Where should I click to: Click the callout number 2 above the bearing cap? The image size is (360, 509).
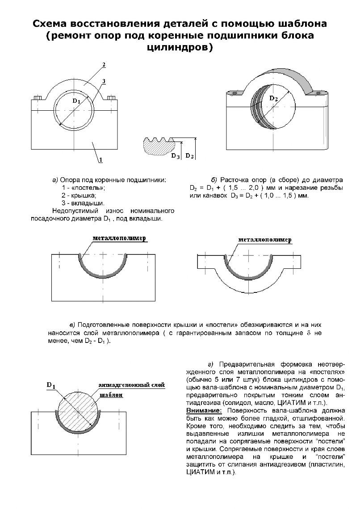104,65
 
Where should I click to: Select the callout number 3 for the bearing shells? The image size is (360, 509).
104,81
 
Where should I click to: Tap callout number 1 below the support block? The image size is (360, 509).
101,159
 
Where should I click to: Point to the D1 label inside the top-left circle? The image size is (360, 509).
76,101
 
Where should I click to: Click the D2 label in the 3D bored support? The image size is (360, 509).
274,99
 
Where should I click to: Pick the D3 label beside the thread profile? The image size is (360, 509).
176,156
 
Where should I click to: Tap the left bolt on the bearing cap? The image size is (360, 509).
38,97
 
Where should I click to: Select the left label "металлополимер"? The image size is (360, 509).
120,239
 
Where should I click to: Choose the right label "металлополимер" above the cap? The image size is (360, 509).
265,240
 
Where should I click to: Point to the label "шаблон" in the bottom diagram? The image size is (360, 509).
110,396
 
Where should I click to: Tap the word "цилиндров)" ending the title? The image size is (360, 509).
180,47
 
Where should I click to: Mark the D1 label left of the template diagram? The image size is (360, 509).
51,386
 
